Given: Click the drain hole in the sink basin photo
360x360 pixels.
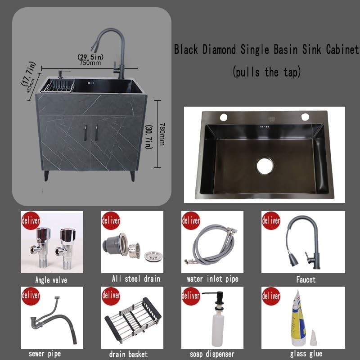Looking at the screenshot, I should pos(265,165).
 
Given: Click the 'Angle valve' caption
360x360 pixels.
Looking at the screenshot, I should pos(51,280).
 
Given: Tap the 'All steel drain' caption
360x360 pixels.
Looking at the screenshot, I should pos(136,279).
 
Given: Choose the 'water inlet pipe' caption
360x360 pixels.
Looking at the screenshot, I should pos(212,279).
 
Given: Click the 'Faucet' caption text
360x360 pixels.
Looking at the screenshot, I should pos(306,279).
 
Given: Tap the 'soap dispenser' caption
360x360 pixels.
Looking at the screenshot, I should pos(211,354).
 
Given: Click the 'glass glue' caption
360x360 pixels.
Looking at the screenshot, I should pos(306,354).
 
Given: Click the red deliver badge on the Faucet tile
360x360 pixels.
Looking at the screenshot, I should pos(271,220).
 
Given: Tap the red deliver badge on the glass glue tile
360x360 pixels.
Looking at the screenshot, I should pos(271,296).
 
